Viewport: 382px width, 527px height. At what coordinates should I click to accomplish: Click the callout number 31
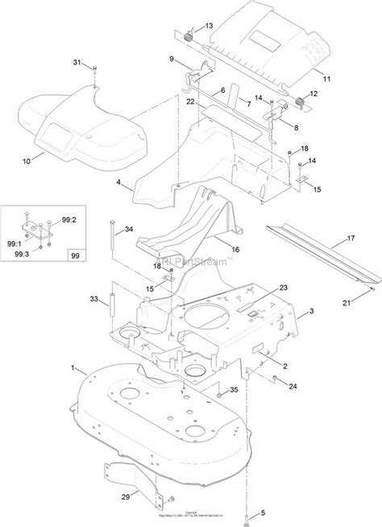coord(77,62)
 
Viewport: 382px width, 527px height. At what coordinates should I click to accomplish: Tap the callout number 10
coord(26,161)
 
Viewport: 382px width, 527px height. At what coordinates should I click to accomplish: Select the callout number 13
coord(210,27)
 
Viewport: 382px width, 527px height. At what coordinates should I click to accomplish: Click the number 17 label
coord(351,239)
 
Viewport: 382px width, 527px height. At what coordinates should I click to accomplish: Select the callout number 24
coord(293,385)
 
